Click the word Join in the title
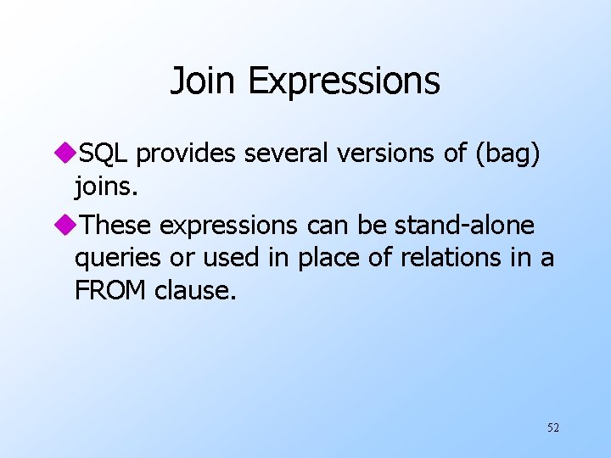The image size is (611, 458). click(205, 81)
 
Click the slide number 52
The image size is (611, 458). click(552, 427)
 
